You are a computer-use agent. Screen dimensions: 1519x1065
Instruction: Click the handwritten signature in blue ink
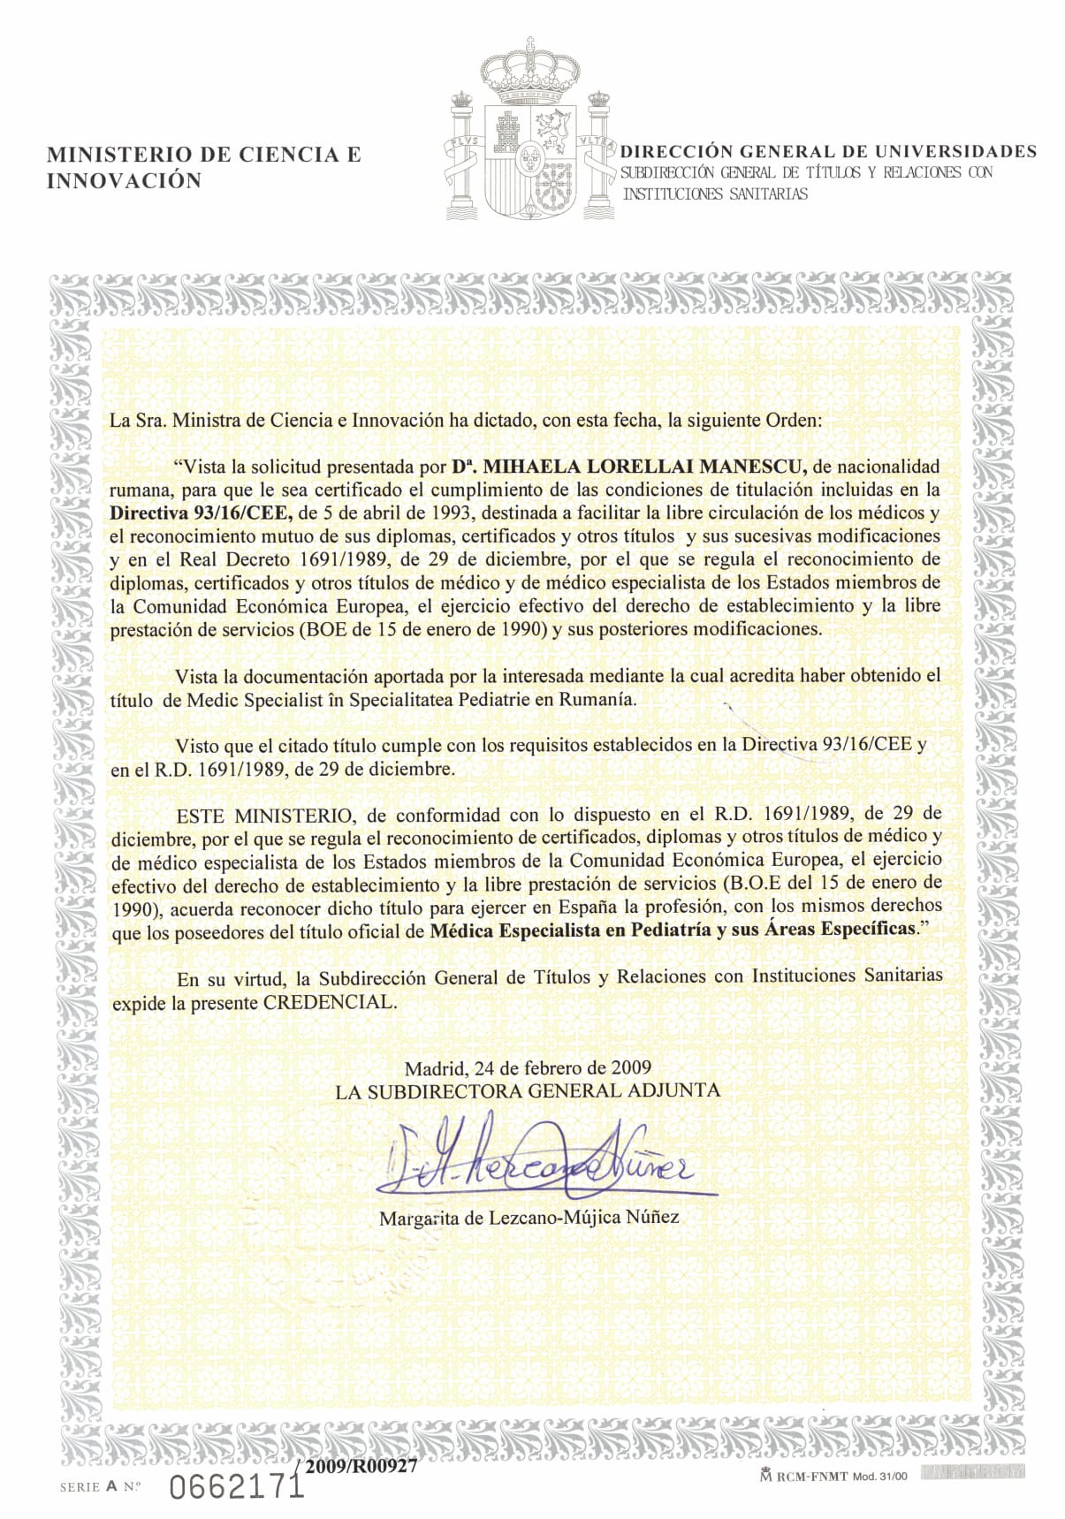pos(538,1158)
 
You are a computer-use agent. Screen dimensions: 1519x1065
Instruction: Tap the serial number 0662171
pos(236,1487)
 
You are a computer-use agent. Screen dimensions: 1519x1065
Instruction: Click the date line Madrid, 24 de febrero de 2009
pos(528,1067)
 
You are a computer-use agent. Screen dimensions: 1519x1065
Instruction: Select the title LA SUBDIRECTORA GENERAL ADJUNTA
pos(528,1090)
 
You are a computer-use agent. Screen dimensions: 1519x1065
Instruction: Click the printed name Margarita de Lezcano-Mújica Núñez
pos(529,1218)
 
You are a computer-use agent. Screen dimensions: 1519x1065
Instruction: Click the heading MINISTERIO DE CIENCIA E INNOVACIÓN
pos(203,167)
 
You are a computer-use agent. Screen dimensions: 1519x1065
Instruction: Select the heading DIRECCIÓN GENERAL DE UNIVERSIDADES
pos(828,151)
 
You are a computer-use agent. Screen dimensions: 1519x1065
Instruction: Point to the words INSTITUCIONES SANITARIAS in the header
pos(715,194)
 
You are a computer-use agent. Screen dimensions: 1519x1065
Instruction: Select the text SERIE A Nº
pos(101,1487)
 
